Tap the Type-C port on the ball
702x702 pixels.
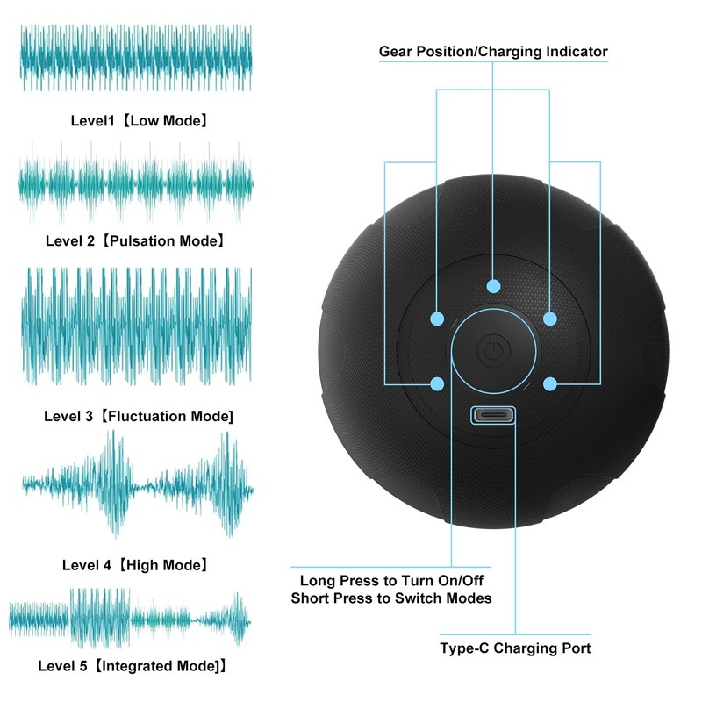click(x=492, y=415)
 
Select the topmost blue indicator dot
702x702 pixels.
click(x=493, y=286)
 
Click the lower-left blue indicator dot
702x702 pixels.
click(x=436, y=383)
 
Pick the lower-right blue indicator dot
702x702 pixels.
click(x=550, y=383)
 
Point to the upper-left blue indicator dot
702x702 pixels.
click(x=436, y=318)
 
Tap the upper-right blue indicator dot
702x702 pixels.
click(x=550, y=318)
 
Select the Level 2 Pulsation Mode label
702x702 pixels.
click(x=135, y=240)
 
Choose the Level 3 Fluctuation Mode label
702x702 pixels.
click(x=139, y=416)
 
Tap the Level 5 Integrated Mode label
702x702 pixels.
click(x=133, y=666)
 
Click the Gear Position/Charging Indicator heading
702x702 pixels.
click(x=493, y=52)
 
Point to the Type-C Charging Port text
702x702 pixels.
click(x=515, y=648)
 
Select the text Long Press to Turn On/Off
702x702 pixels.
click(x=391, y=581)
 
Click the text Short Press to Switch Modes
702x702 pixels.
click(x=391, y=598)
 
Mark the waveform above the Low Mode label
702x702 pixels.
click(x=136, y=58)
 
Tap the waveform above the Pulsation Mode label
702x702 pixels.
click(x=136, y=183)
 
